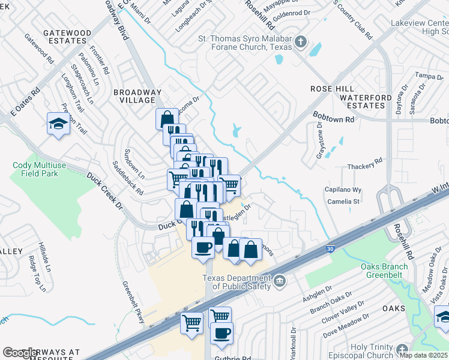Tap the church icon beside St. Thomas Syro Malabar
click(x=301, y=42)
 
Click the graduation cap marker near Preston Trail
click(x=58, y=124)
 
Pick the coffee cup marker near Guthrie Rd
click(x=221, y=333)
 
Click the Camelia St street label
click(x=344, y=202)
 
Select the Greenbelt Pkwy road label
click(x=133, y=303)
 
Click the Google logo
click(x=20, y=353)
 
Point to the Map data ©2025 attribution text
click(x=423, y=355)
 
